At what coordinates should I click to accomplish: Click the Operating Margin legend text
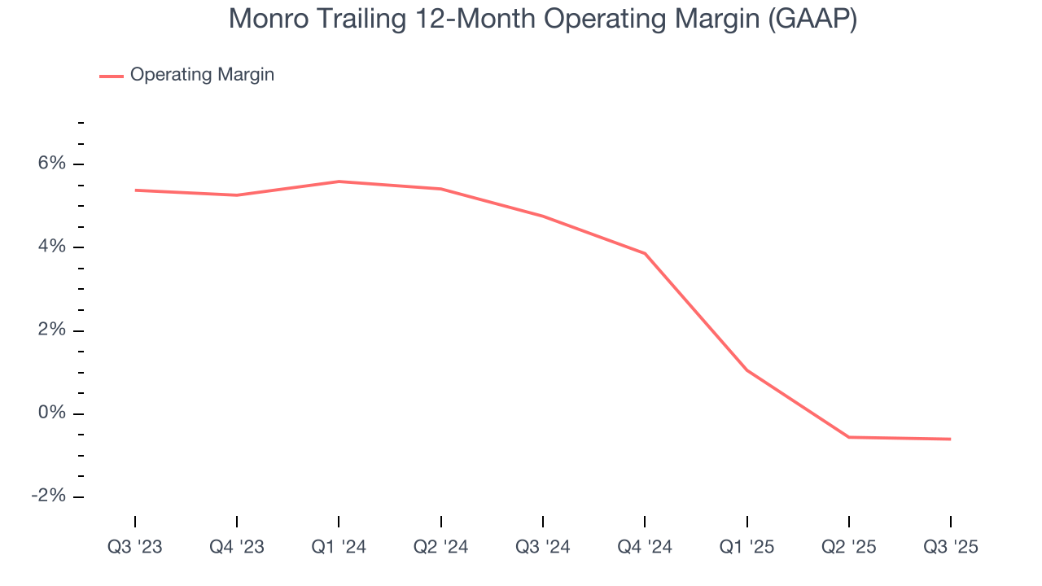[x=202, y=75]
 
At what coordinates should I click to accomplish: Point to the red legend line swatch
[x=112, y=76]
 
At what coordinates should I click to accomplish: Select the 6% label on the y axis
[x=51, y=164]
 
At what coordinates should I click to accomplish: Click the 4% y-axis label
[x=51, y=247]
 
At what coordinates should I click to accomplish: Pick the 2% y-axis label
[x=51, y=330]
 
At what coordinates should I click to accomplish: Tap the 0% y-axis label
[x=51, y=413]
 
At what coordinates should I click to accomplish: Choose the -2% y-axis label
[x=48, y=496]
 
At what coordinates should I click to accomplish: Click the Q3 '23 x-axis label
[x=135, y=547]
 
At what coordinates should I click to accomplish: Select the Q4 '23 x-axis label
[x=237, y=547]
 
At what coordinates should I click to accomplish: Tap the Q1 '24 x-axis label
[x=339, y=547]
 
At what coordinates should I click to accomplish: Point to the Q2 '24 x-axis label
[x=440, y=547]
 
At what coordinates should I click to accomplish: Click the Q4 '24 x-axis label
[x=645, y=547]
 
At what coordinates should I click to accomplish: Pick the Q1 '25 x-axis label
[x=746, y=547]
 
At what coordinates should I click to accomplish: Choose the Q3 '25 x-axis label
[x=950, y=547]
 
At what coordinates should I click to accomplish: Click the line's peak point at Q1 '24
[x=339, y=181]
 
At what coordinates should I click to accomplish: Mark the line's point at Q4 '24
[x=645, y=253]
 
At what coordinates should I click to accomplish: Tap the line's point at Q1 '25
[x=746, y=370]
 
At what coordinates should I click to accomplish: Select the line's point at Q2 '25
[x=848, y=437]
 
